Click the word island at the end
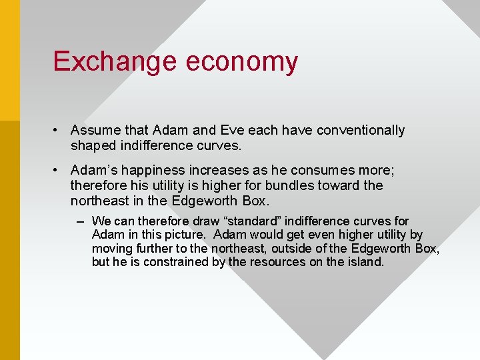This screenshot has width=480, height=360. point(367,262)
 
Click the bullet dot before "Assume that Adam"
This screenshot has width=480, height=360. point(58,131)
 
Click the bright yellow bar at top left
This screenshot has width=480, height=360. point(9,60)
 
